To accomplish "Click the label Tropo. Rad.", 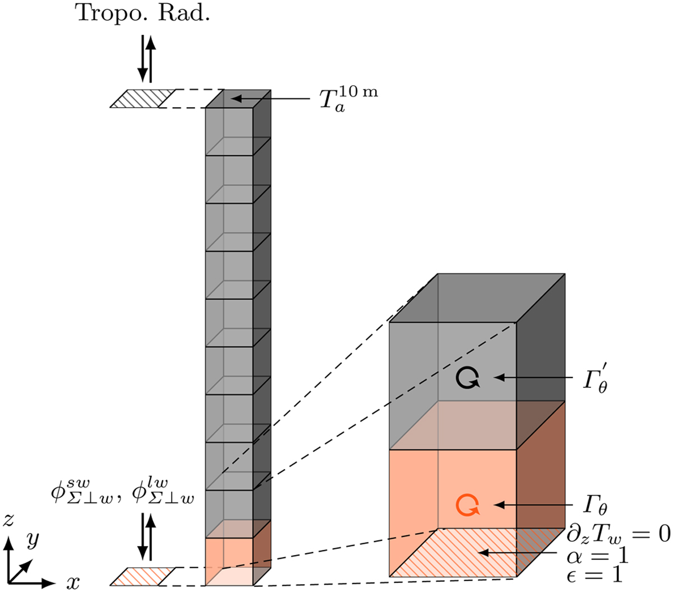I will (x=142, y=14).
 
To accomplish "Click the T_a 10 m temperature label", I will (x=348, y=99).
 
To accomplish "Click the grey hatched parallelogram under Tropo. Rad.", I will (x=143, y=98).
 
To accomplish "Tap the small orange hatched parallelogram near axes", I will (x=143, y=576).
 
